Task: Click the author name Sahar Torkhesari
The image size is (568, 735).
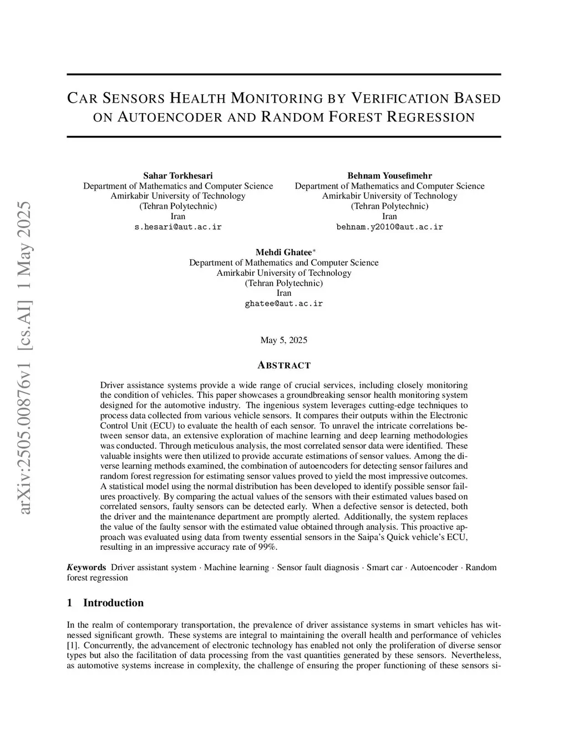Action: pyautogui.click(x=178, y=176)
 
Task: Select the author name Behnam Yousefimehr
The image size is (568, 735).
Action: pyautogui.click(x=389, y=176)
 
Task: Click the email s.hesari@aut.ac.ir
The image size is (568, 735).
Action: pyautogui.click(x=178, y=227)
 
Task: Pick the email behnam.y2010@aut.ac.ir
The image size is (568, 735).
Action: pyautogui.click(x=389, y=227)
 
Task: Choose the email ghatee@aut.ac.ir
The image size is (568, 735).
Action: pyautogui.click(x=283, y=303)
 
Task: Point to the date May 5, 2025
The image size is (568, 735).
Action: pyautogui.click(x=283, y=340)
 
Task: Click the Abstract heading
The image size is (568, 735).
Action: pyautogui.click(x=284, y=365)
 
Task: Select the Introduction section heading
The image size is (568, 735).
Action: pyautogui.click(x=113, y=603)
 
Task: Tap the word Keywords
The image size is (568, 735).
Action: pyautogui.click(x=87, y=567)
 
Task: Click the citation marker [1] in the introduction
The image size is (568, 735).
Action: pyautogui.click(x=72, y=645)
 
